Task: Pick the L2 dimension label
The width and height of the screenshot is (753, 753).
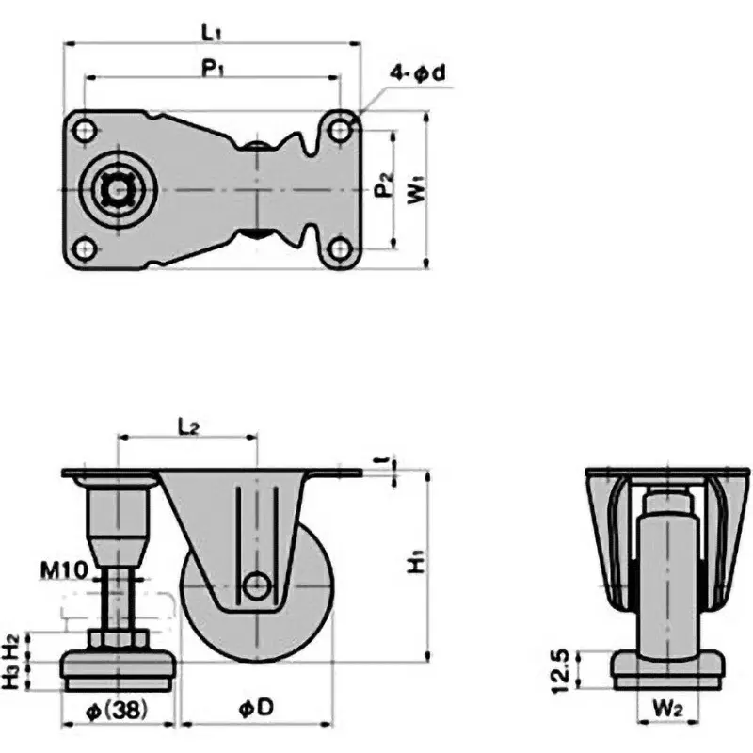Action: [x=187, y=426]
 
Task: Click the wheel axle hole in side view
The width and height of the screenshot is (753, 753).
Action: [x=254, y=585]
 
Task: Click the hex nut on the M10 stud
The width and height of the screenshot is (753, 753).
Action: [x=119, y=642]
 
